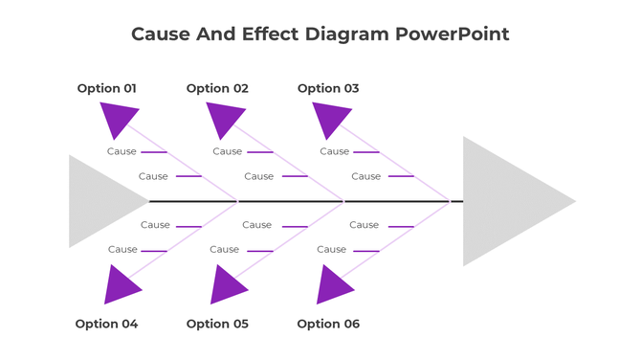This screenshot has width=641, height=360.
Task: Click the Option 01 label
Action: coord(106,88)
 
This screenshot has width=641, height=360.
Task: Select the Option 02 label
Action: coord(217,88)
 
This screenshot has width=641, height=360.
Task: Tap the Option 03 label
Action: coord(328,88)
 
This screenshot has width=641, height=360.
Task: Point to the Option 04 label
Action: coord(106,324)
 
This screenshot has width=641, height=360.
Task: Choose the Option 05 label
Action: coord(217,324)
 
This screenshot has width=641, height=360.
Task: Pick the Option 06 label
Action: coord(328,324)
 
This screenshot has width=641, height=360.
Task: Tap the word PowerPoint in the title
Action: coord(453,34)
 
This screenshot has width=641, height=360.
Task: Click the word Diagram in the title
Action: coord(348,34)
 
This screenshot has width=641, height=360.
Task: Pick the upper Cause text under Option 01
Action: coord(122,151)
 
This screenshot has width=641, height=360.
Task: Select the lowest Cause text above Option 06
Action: coord(331,250)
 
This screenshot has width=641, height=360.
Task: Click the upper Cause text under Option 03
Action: coord(334,151)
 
